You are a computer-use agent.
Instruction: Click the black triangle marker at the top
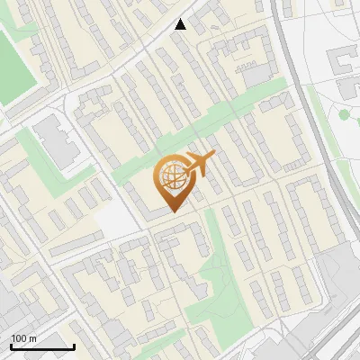(x=181, y=24)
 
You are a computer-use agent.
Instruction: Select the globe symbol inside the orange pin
(x=171, y=178)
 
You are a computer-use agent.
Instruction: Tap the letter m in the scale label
(x=33, y=338)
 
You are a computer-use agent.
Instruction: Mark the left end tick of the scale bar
(x=11, y=346)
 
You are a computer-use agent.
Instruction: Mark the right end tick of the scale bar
(x=74, y=346)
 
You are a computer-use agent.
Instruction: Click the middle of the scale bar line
(x=42, y=347)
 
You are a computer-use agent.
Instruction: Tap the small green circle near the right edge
(x=343, y=114)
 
